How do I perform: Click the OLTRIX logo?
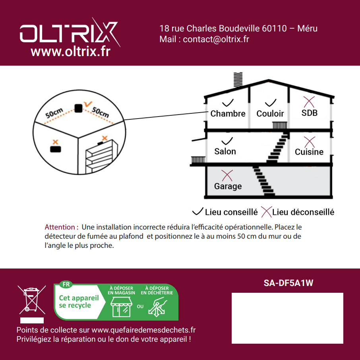[x=70, y=32]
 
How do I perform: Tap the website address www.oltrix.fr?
[x=71, y=52]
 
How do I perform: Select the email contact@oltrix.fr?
[x=216, y=39]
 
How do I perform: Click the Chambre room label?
[x=228, y=113]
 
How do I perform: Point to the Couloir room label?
[x=270, y=113]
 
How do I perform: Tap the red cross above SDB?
[x=309, y=102]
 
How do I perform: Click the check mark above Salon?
[x=227, y=141]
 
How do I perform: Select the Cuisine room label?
[x=309, y=152]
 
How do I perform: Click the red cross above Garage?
[x=227, y=176]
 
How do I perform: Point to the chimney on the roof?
[x=238, y=80]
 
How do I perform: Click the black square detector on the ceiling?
[x=78, y=108]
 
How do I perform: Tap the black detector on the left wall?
[x=56, y=149]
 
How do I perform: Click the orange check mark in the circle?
[x=88, y=104]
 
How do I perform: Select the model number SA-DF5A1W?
[x=288, y=283]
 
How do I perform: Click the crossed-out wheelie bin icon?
[x=32, y=300]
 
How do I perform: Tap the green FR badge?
[x=66, y=284]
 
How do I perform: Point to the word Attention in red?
[x=60, y=227]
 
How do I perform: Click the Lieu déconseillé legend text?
[x=303, y=212]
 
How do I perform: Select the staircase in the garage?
[x=263, y=181]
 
